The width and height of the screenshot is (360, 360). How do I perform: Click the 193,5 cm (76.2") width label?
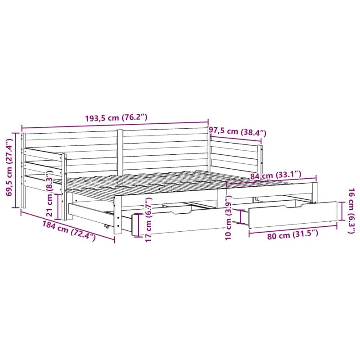pos(116,118)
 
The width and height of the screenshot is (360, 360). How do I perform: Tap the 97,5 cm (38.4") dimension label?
pos(238,132)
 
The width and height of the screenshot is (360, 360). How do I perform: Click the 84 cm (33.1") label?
pos(276,175)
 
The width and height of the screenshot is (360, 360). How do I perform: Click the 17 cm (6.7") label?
pos(144,223)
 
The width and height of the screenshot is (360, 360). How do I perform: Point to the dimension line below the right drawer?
pos(292,227)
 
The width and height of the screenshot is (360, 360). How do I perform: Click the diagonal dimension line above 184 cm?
pos(67,225)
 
